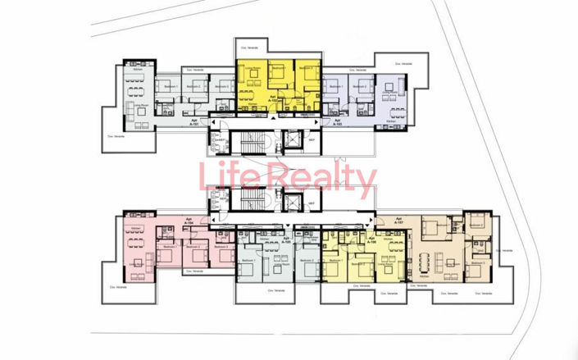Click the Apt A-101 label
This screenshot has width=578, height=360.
pos(194,120)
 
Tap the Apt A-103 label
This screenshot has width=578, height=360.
pos(337,120)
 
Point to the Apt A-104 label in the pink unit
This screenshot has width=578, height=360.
pos(189,221)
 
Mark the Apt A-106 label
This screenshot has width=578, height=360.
pos(371,240)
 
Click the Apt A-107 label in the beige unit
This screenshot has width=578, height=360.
pos(399,221)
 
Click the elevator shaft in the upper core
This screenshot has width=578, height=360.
pos(289,140)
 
